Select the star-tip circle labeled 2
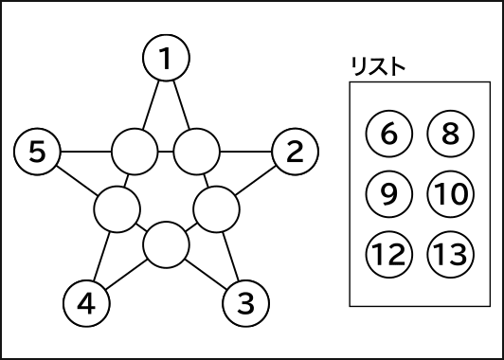tap(295, 151)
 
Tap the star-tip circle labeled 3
tap(245, 304)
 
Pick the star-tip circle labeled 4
tap(86, 304)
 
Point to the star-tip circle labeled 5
tap(38, 151)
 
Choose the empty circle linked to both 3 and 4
tap(166, 243)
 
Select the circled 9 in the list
tap(388, 194)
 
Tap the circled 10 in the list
tap(450, 194)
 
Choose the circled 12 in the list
tap(388, 254)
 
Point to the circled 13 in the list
tap(450, 254)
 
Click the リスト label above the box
tap(377, 66)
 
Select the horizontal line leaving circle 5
tap(85, 151)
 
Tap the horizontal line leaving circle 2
tap(245, 151)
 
